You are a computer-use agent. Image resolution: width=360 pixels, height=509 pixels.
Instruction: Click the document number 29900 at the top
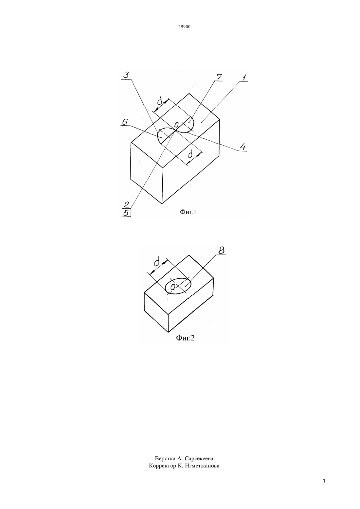[x=184, y=27]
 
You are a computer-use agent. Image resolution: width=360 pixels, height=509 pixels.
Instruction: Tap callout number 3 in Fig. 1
[x=126, y=75]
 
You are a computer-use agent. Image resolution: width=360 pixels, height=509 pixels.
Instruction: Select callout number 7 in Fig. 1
[x=218, y=77]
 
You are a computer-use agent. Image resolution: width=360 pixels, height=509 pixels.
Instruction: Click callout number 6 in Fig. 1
[x=125, y=122]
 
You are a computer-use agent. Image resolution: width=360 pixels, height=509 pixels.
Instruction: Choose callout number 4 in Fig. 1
[x=243, y=147]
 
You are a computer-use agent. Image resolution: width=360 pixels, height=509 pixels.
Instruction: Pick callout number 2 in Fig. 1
[x=126, y=204]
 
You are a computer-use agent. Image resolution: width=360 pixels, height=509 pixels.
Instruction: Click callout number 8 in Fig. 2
[x=221, y=250]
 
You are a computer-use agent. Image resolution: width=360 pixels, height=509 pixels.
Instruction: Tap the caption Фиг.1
[x=188, y=212]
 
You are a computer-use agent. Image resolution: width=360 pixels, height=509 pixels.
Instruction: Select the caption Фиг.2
[x=186, y=338]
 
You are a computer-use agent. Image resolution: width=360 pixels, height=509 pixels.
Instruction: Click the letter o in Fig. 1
[x=176, y=125]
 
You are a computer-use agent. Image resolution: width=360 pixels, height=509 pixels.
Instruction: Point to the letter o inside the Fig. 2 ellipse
[x=173, y=287]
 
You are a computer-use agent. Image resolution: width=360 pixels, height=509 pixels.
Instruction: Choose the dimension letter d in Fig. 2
[x=156, y=262]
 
